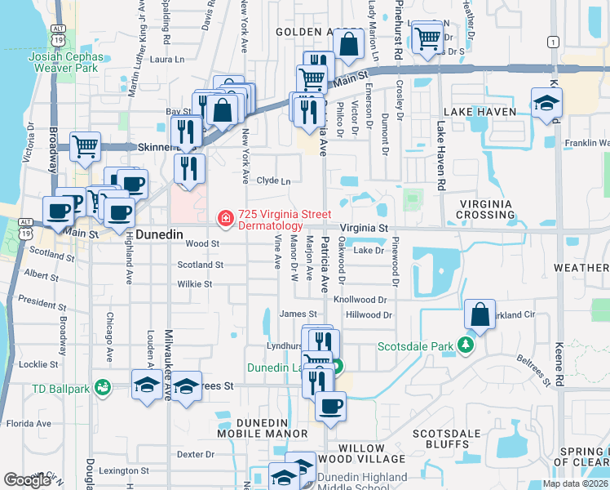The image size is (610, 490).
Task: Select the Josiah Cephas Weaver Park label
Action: coord(66,62)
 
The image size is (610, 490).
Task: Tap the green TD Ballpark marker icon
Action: coord(102,386)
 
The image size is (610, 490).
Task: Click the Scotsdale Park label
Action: coord(414,346)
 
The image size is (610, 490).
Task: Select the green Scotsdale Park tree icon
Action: coord(466,346)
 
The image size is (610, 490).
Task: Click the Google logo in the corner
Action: coord(27,480)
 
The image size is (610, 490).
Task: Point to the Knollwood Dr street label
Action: coord(360,300)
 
